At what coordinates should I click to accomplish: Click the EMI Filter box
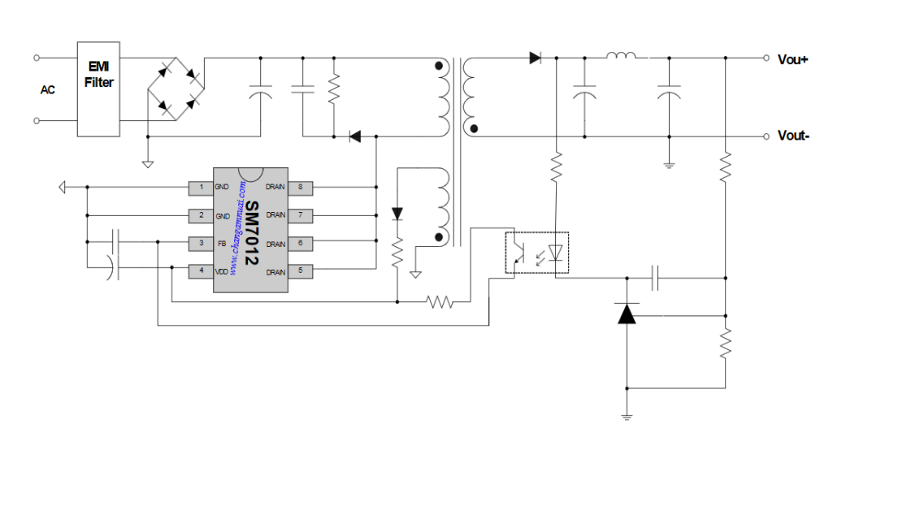pos(98,89)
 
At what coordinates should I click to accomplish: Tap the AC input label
pos(47,90)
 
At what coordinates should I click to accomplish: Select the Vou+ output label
pos(792,59)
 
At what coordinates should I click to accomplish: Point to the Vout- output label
pos(793,136)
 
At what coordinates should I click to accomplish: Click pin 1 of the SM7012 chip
pos(201,187)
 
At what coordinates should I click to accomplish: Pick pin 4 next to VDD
pos(201,270)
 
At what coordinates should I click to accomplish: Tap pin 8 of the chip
pos(300,187)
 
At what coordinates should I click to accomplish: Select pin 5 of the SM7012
pos(300,270)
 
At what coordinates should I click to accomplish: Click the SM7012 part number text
pos(252,233)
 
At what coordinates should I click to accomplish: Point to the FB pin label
pos(222,244)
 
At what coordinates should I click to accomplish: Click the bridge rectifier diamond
pos(176,89)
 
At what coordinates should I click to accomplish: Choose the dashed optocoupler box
pos(536,253)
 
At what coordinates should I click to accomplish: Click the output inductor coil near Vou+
pos(621,55)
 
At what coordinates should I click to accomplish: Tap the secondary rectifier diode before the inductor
pos(536,58)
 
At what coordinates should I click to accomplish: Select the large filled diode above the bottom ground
pos(627,314)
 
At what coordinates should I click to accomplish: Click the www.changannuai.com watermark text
pos(237,227)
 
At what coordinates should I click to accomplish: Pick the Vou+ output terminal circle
pos(766,58)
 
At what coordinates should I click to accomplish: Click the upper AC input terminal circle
pos(37,58)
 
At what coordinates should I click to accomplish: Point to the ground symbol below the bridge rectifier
pos(148,165)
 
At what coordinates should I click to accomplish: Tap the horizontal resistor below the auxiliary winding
pos(440,301)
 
